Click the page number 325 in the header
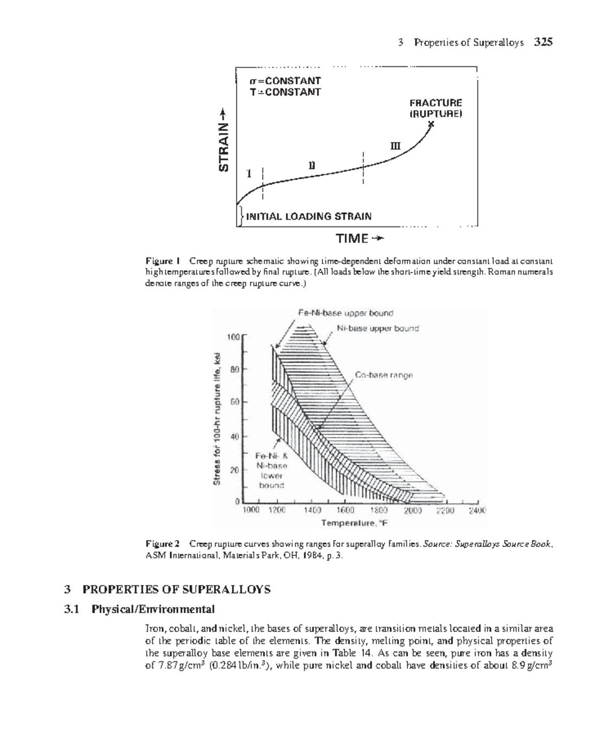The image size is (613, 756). pyautogui.click(x=543, y=42)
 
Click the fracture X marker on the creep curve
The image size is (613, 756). pyautogui.click(x=432, y=124)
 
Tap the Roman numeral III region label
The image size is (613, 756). pyautogui.click(x=395, y=146)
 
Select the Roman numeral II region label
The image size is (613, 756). pyautogui.click(x=312, y=165)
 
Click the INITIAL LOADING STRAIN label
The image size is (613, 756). pyautogui.click(x=309, y=216)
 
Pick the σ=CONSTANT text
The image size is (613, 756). pyautogui.click(x=285, y=81)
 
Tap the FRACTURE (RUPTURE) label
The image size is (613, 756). pyautogui.click(x=435, y=108)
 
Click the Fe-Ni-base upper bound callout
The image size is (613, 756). pyautogui.click(x=345, y=313)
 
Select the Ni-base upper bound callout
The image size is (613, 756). pyautogui.click(x=378, y=328)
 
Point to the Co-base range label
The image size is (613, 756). pyautogui.click(x=384, y=375)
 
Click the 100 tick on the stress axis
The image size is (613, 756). pyautogui.click(x=232, y=337)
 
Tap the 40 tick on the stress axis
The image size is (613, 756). pyautogui.click(x=234, y=437)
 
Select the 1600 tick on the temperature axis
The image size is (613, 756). pyautogui.click(x=345, y=510)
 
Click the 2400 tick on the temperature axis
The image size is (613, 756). pyautogui.click(x=478, y=510)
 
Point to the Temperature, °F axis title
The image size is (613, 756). pyautogui.click(x=355, y=523)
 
